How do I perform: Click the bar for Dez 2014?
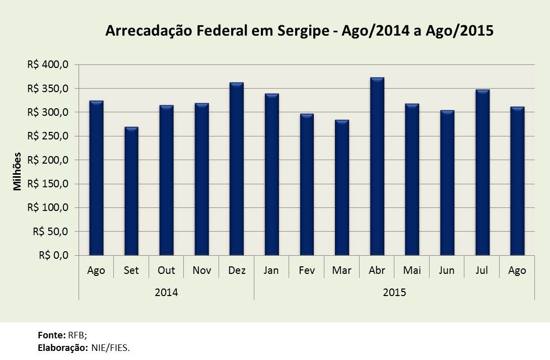click(237, 169)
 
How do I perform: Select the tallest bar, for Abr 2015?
click(377, 167)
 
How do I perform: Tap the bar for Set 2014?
click(131, 191)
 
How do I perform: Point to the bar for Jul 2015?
click(482, 173)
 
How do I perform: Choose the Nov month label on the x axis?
click(201, 270)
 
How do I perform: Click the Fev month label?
click(307, 270)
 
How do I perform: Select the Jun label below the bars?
click(447, 270)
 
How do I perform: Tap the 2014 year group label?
click(166, 292)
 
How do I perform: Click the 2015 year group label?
click(394, 292)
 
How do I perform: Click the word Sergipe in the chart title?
click(304, 31)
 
